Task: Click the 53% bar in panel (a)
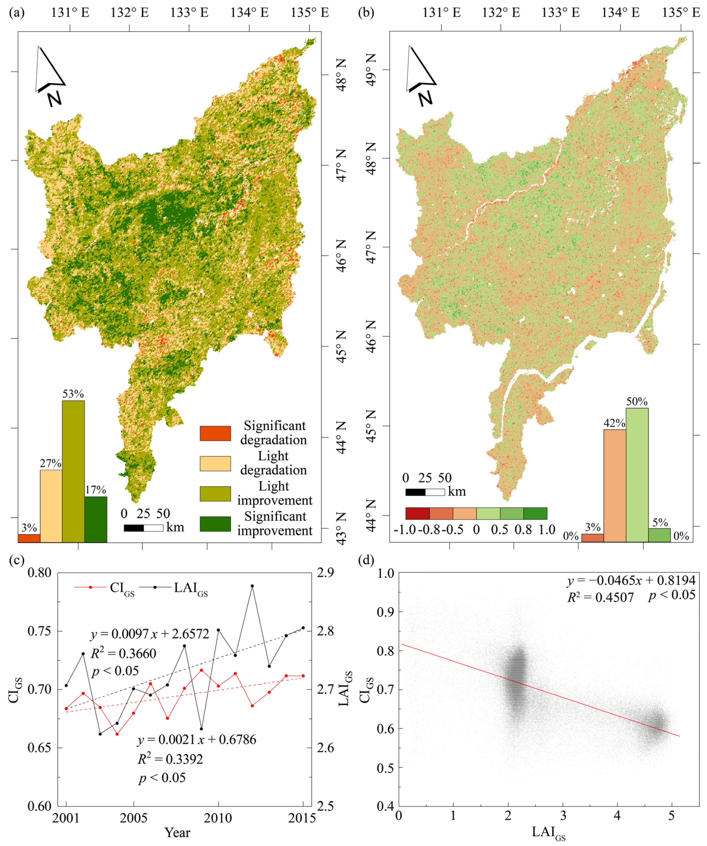click(x=73, y=471)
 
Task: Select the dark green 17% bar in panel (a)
click(x=96, y=519)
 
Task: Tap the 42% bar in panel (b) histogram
click(x=615, y=485)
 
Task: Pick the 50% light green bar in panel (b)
click(x=637, y=475)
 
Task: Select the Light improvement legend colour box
click(x=215, y=493)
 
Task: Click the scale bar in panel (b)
click(x=425, y=492)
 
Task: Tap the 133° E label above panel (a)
click(x=189, y=13)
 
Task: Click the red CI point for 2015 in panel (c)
click(x=303, y=676)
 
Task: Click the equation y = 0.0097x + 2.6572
click(x=150, y=634)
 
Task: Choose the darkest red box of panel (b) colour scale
click(x=418, y=514)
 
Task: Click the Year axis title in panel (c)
click(x=177, y=832)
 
